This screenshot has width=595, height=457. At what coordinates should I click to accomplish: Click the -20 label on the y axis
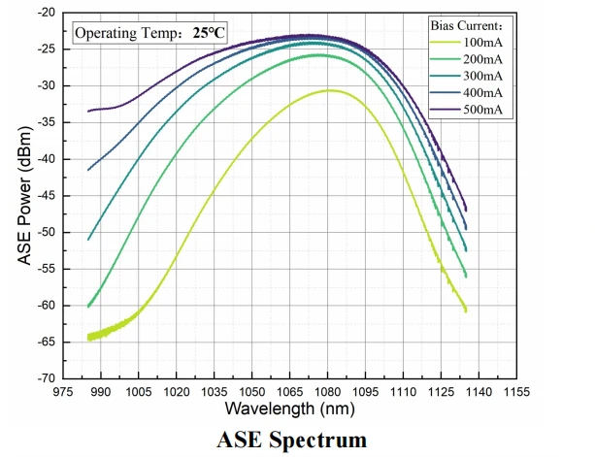(44, 14)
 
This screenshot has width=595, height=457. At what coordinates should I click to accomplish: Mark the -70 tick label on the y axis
(44, 378)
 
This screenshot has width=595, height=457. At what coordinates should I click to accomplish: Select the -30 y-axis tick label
(44, 86)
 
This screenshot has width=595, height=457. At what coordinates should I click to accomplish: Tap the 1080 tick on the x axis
(327, 391)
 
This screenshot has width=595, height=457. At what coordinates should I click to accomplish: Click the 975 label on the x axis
(62, 391)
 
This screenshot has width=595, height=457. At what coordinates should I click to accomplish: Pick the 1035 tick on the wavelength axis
(214, 391)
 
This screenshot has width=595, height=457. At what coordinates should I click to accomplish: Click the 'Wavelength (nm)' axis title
(289, 408)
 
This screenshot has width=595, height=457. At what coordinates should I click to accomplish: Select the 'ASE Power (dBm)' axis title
(21, 196)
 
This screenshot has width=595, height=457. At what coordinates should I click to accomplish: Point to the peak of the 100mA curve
(330, 90)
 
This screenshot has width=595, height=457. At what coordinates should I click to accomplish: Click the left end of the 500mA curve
(88, 111)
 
